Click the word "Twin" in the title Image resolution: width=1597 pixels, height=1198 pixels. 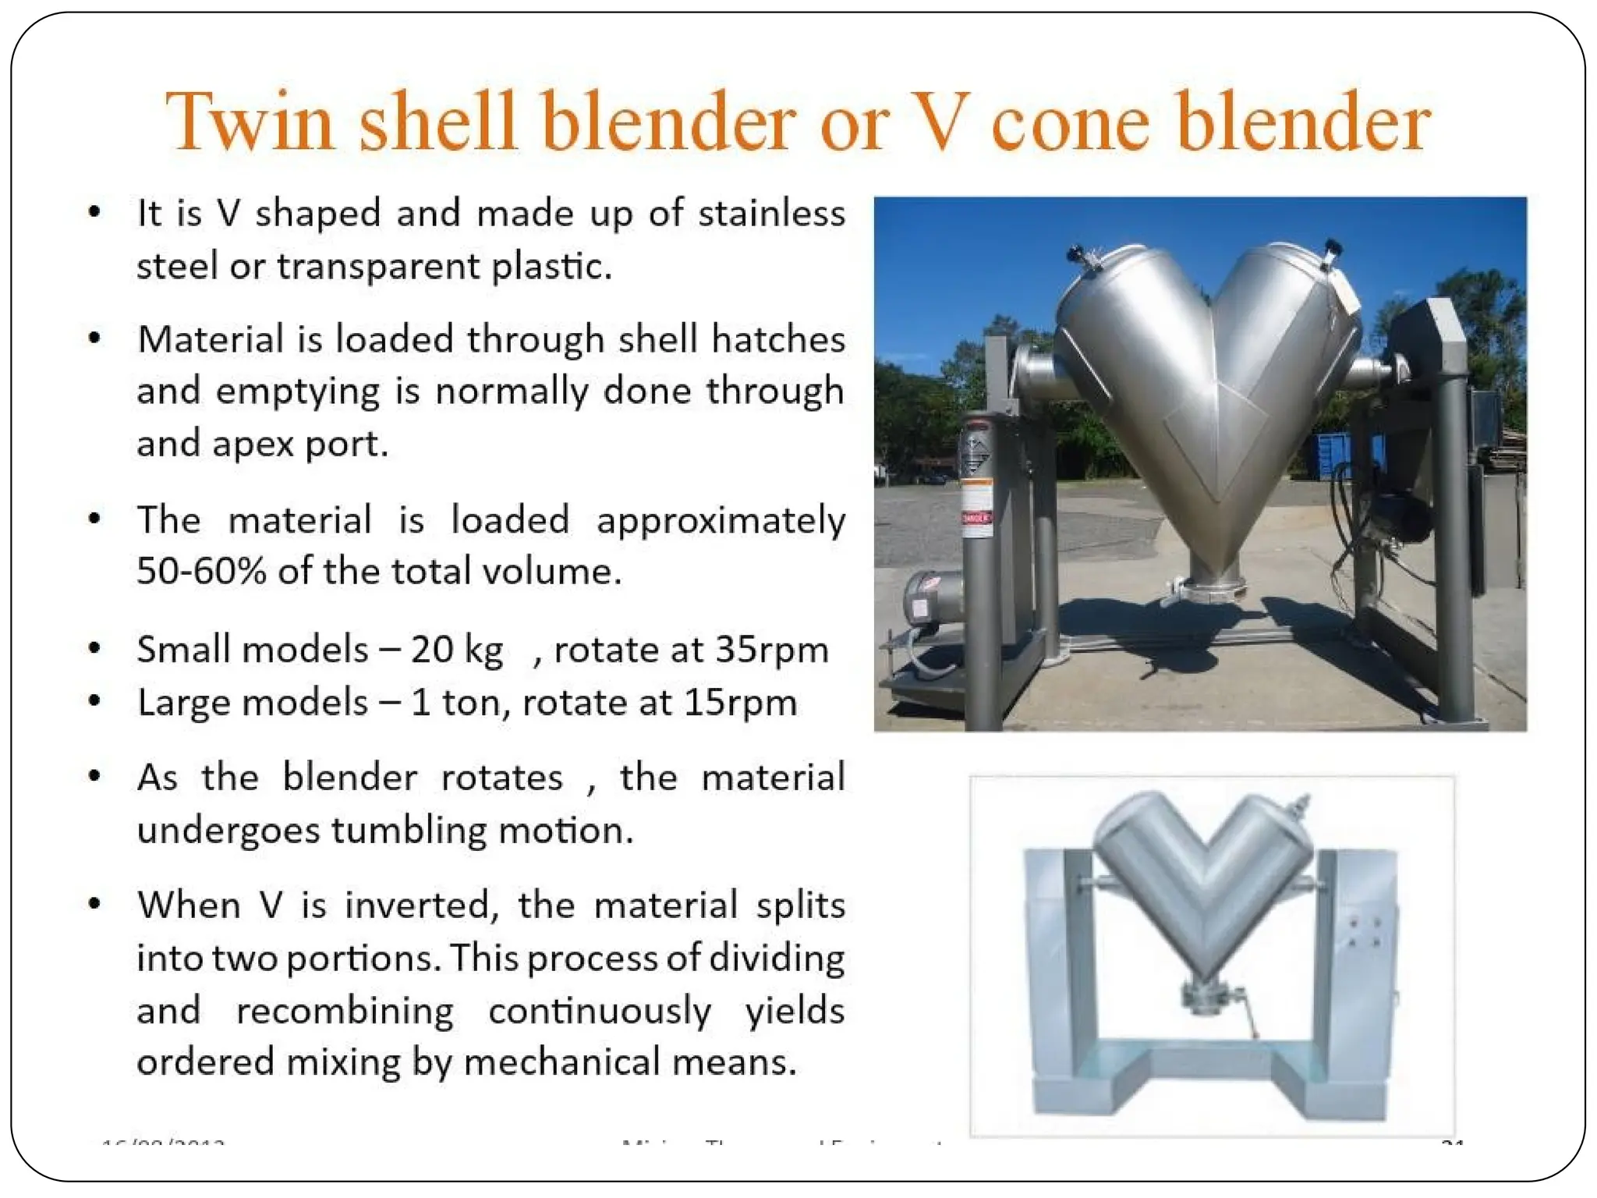250,122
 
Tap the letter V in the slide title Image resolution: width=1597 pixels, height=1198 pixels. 940,122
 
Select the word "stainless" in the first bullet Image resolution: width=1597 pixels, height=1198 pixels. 770,213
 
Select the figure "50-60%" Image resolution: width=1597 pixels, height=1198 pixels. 201,572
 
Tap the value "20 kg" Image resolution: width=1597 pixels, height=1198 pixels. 456,650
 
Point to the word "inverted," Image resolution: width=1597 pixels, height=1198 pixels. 421,906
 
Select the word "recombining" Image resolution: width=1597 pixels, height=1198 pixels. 345,1012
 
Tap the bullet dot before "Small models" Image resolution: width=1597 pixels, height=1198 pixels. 94,648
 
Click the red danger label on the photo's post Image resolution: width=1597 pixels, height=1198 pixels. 976,516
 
